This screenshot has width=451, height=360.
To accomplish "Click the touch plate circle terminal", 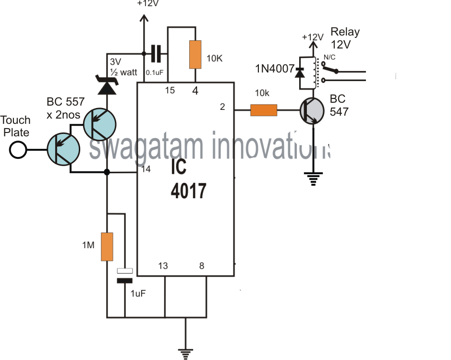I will [x=19, y=150].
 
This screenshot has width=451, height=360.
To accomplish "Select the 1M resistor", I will [x=107, y=247].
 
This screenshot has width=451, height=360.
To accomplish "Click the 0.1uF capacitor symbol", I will [x=155, y=53].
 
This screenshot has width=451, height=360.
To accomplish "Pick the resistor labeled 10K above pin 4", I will [x=195, y=54].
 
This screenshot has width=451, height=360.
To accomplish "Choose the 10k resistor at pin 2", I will [x=264, y=111].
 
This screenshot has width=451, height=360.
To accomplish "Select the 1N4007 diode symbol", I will [x=301, y=72].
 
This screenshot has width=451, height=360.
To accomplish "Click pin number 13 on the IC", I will [x=164, y=266].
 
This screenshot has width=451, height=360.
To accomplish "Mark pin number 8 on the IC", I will [x=202, y=266].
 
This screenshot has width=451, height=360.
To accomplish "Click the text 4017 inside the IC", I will [x=189, y=191].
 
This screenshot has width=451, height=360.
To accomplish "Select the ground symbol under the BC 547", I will [x=315, y=180].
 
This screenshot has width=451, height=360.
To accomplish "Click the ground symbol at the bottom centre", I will [x=184, y=352].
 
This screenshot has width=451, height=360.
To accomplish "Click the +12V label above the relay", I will [x=313, y=37].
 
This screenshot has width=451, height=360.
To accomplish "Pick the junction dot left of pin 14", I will [x=107, y=172].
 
